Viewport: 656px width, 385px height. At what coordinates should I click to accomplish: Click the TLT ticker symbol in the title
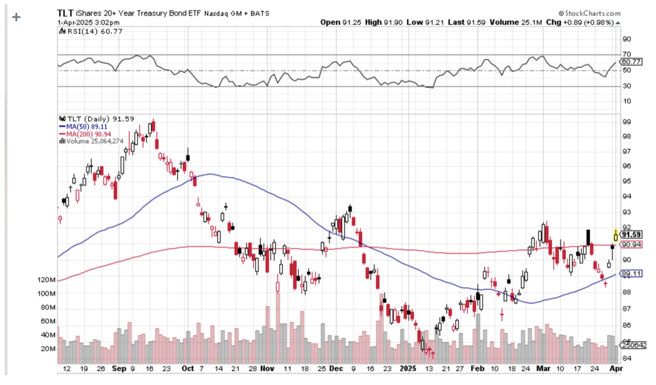65,13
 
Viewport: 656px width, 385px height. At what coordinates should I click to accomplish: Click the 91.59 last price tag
632,235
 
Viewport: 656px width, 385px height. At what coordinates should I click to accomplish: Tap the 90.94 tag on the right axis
632,244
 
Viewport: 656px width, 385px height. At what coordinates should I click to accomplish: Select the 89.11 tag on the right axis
632,273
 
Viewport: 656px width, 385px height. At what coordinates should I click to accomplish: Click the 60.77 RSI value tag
632,62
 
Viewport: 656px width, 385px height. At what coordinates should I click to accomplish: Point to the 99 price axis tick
626,122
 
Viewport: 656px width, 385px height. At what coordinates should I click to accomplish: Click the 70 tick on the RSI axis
626,55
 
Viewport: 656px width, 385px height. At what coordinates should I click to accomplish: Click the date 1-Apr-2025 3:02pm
88,22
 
